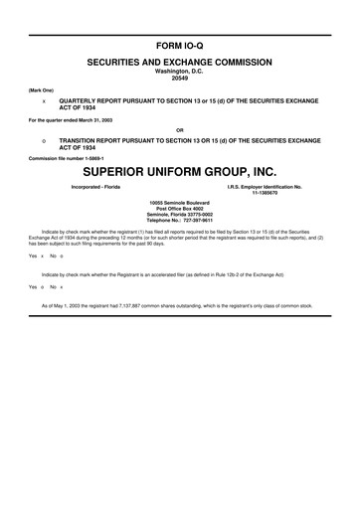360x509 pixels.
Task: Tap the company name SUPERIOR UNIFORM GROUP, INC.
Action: [x=179, y=170]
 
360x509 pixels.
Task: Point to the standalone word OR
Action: [x=179, y=129]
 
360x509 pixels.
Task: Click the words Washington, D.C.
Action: [x=179, y=72]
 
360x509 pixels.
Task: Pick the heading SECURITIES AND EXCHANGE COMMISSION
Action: [x=179, y=63]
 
